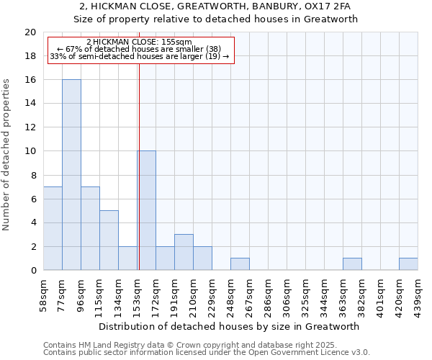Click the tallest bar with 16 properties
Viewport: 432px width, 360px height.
click(x=71, y=175)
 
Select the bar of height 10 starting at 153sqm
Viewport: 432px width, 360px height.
click(x=147, y=210)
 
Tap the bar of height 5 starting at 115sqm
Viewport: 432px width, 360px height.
click(x=109, y=240)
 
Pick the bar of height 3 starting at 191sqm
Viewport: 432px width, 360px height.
click(x=184, y=252)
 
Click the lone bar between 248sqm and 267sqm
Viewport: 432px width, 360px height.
click(x=240, y=264)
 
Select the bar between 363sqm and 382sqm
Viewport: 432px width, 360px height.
click(x=352, y=264)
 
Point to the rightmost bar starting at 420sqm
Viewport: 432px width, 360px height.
click(x=408, y=264)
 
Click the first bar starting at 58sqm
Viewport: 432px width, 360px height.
click(x=53, y=228)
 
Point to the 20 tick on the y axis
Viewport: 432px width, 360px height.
click(x=30, y=32)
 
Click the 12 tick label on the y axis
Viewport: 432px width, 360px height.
click(x=30, y=127)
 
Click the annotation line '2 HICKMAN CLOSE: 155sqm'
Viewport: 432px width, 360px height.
click(x=139, y=42)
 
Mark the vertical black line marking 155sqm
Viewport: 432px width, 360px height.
click(x=139, y=166)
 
